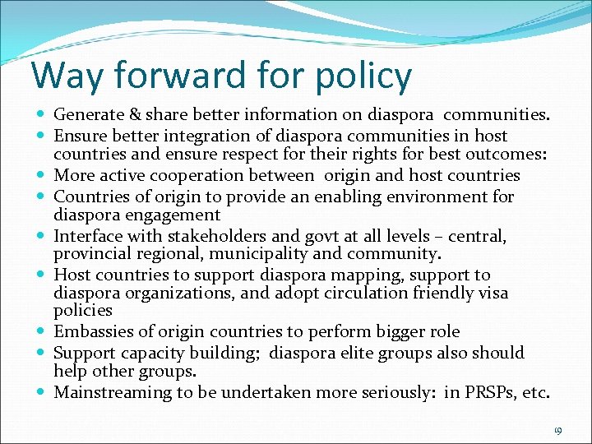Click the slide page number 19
click(x=557, y=430)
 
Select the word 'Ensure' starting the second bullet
click(x=79, y=136)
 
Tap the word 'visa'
click(x=492, y=293)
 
